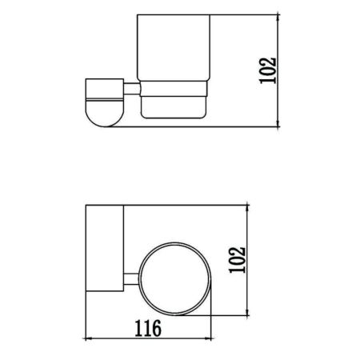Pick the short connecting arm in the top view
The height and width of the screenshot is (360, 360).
[130, 279]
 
